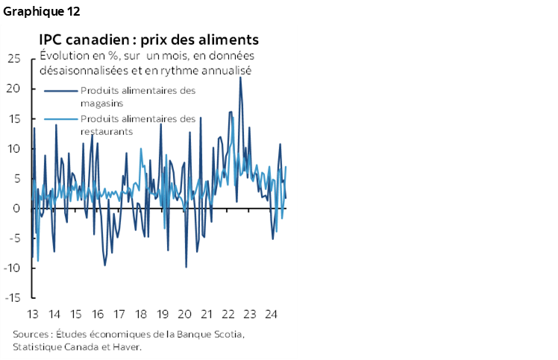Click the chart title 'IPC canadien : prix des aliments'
click(x=150, y=39)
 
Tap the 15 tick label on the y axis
click(x=13, y=119)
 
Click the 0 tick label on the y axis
click(x=16, y=209)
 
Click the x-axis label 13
click(x=33, y=313)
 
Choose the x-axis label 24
click(x=271, y=313)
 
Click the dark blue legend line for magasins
click(x=60, y=91)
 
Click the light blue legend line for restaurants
click(x=60, y=119)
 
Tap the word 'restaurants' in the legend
click(x=106, y=131)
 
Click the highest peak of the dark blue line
click(x=240, y=78)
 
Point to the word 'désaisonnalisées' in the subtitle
click(x=80, y=71)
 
